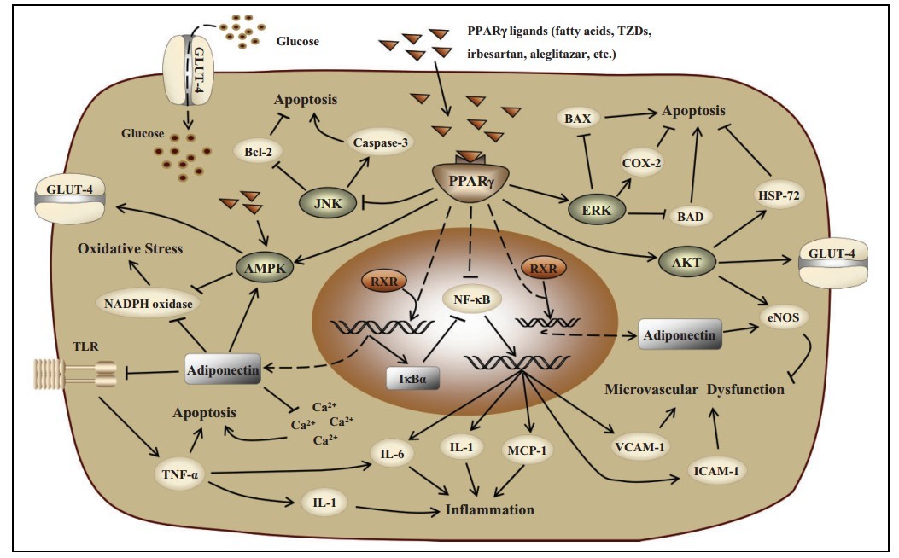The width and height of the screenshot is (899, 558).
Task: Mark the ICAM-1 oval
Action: pyautogui.click(x=715, y=468)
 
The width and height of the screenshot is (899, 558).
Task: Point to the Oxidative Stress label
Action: pyautogui.click(x=131, y=249)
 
